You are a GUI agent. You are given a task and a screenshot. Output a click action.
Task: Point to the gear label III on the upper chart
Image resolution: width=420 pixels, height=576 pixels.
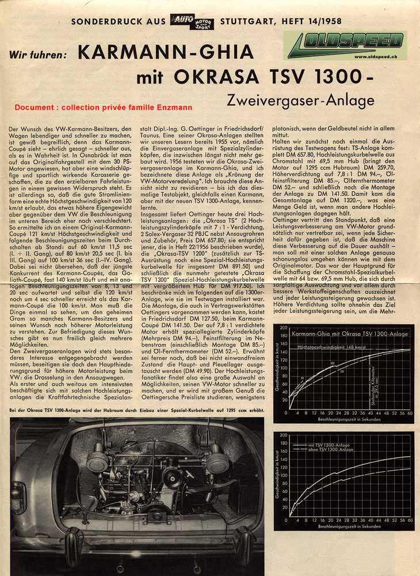pyautogui.click(x=332, y=363)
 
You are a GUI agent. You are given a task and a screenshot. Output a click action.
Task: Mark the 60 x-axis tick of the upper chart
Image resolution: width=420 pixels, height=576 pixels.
pyautogui.click(x=409, y=413)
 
